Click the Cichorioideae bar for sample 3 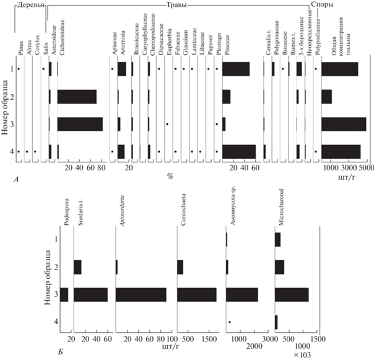pos(80,124)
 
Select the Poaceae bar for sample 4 pos(238,151)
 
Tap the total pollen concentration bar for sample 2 pos(326,97)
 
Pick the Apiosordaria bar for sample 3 pos(141,294)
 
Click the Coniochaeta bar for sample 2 pos(180,266)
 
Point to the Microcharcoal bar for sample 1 pos(277,239)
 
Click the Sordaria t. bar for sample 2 pos(77,266)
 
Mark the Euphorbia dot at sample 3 pos(167,125)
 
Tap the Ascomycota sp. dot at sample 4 pos(230,322)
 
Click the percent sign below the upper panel pos(169,178)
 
